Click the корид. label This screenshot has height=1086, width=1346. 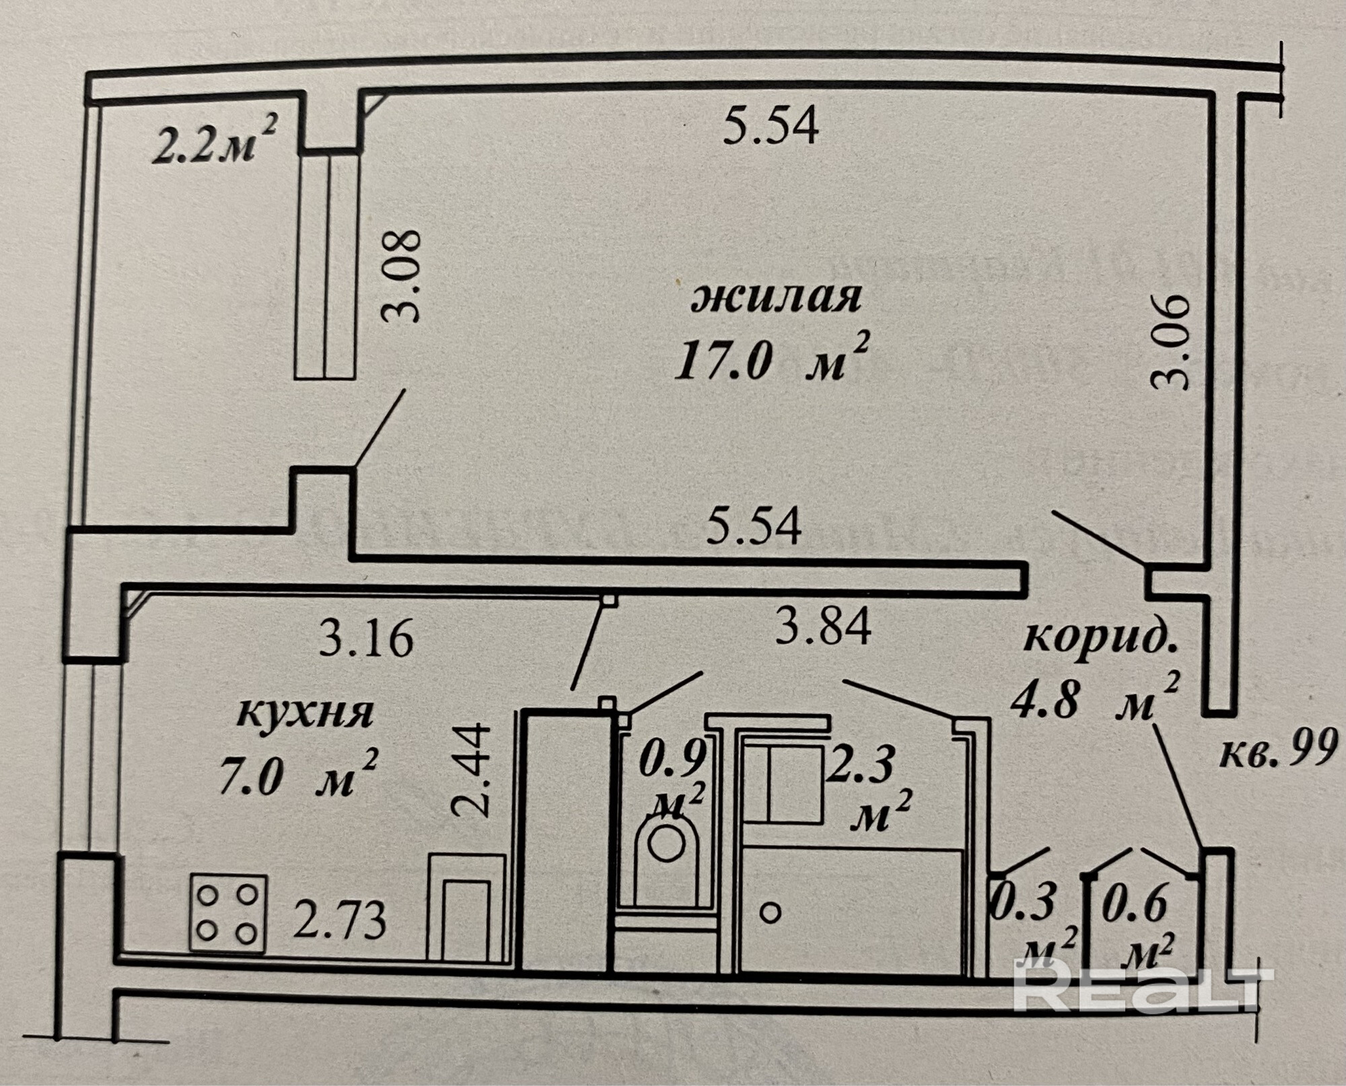click(x=1100, y=640)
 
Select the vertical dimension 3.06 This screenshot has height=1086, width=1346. click(x=1172, y=342)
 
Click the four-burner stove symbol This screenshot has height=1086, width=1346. click(x=228, y=912)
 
